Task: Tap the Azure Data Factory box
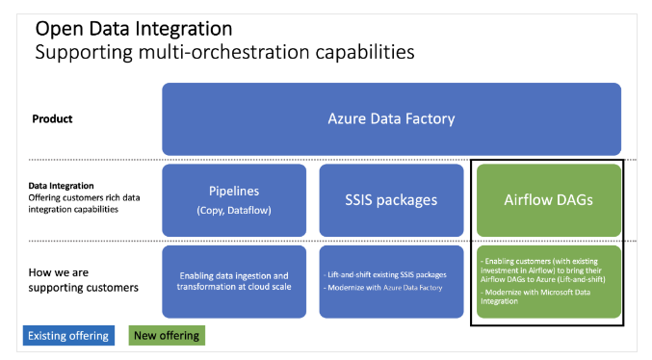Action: tap(392, 118)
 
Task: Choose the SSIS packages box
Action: tap(390, 200)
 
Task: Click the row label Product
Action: tap(52, 119)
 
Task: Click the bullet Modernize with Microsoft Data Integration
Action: tap(544, 296)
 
